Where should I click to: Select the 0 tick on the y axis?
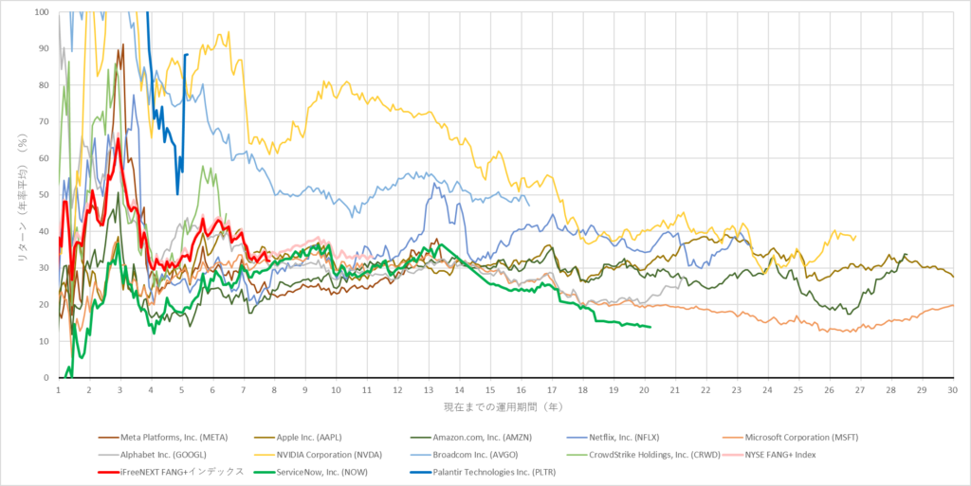pos(48,378)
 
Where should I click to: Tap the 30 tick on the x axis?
pos(952,389)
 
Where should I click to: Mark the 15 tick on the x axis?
pos(490,389)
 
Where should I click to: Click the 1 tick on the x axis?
pos(59,389)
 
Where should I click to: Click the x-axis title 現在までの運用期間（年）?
pos(504,406)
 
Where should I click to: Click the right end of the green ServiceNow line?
pos(650,327)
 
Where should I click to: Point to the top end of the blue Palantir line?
pos(188,54)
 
